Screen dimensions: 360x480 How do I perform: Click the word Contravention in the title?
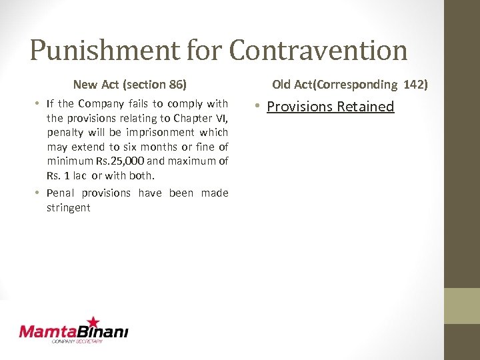point(318,51)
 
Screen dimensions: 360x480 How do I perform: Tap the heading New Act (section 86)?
point(129,85)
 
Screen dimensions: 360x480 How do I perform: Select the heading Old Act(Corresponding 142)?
point(349,85)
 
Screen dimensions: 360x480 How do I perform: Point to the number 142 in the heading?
point(415,85)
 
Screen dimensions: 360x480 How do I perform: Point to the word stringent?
point(68,207)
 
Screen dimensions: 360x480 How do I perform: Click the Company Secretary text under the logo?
point(77,341)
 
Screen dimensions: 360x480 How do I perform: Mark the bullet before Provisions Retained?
point(258,107)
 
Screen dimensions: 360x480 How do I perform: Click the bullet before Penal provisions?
point(39,193)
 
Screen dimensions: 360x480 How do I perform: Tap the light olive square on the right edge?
point(462,305)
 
